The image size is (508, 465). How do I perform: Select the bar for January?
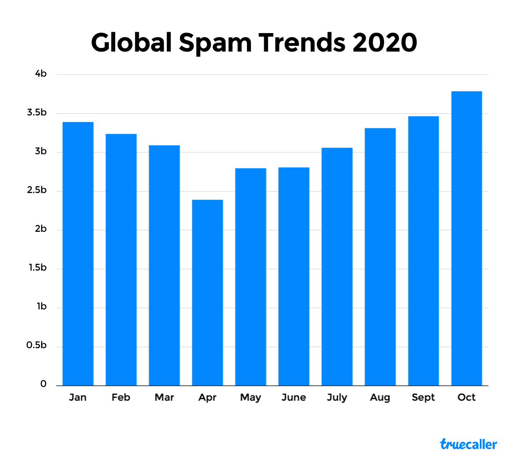click(78, 253)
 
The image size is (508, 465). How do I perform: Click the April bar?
click(207, 293)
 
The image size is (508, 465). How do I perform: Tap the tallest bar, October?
click(467, 238)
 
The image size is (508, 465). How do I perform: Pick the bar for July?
click(337, 266)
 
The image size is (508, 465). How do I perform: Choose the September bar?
click(423, 251)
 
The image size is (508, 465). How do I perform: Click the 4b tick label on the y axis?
click(41, 74)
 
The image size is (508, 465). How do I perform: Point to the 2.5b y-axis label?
click(37, 190)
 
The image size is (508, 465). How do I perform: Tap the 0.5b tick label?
click(37, 346)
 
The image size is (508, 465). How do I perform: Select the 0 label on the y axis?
click(43, 384)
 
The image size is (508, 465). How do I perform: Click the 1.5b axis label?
click(37, 268)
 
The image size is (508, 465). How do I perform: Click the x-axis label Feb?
click(121, 398)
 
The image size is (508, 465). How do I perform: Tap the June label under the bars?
click(294, 398)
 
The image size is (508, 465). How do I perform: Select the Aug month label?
click(380, 398)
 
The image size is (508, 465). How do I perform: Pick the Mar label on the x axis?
click(164, 398)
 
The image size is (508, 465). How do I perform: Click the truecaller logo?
click(468, 444)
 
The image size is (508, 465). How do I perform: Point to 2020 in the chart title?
click(385, 43)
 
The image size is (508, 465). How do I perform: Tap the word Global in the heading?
click(131, 43)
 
